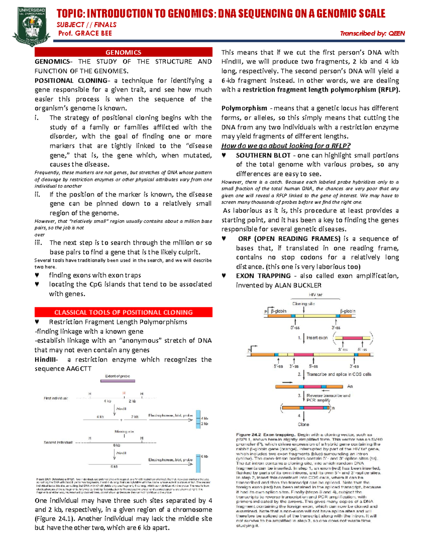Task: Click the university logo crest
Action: pos(31,27)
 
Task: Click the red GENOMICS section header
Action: pos(123,52)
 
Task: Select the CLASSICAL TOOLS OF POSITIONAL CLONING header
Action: pos(123,312)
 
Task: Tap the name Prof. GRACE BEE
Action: pos(85,33)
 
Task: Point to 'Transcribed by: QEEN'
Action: pos(372,33)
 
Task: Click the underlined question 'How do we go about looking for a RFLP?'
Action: pos(286,146)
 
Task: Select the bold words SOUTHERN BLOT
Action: pos(263,155)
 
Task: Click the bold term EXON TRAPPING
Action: pos(263,276)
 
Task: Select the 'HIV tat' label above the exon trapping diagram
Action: pos(315,295)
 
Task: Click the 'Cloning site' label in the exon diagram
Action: pos(303,304)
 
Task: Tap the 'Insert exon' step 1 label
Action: pos(317,338)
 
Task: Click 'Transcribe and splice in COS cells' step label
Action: pos(339,374)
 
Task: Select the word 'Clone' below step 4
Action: pos(304,424)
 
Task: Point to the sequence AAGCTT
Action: pos(79,369)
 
